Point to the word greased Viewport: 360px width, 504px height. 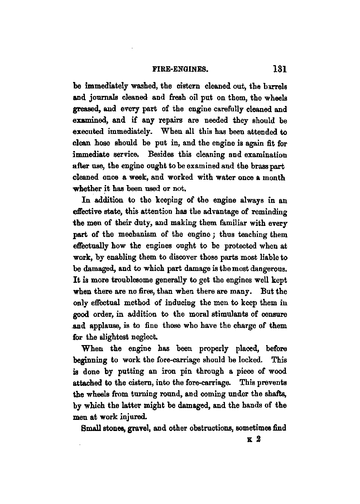tap(86, 110)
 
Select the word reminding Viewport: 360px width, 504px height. tap(266, 212)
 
